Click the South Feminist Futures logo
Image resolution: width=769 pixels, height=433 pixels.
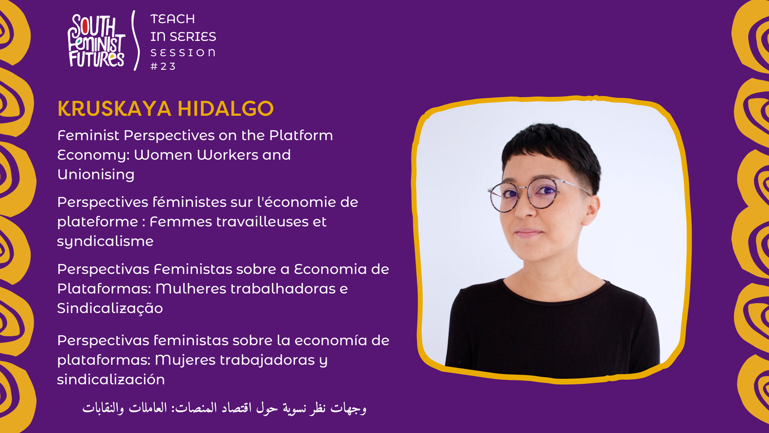[97, 41]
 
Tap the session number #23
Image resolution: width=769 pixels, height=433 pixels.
[163, 66]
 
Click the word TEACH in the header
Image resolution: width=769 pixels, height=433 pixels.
[173, 19]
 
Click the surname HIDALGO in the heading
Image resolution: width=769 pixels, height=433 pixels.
[225, 109]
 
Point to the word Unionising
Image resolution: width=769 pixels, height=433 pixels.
[96, 174]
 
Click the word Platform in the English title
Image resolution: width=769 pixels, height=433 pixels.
[301, 135]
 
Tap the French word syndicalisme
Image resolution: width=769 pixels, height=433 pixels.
[105, 241]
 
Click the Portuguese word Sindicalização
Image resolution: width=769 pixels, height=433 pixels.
[110, 308]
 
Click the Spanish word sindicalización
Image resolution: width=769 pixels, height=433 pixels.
[111, 380]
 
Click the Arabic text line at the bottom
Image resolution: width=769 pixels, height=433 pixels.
[224, 408]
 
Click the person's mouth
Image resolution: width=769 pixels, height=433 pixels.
[528, 233]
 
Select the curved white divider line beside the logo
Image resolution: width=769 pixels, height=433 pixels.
[136, 40]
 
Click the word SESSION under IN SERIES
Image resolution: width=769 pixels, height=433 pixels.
[183, 52]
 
